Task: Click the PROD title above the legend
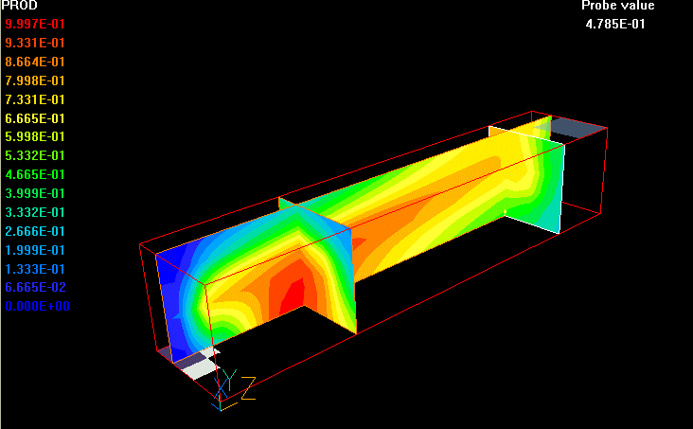pyautogui.click(x=20, y=6)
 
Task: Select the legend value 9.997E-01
pyautogui.click(x=35, y=24)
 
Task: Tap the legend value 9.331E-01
pyautogui.click(x=35, y=43)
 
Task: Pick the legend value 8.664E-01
pyautogui.click(x=35, y=62)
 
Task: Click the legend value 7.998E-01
pyautogui.click(x=35, y=80)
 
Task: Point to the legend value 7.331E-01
pyautogui.click(x=35, y=100)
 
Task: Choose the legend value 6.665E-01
pyautogui.click(x=35, y=118)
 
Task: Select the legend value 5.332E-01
pyautogui.click(x=35, y=155)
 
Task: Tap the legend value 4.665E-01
pyautogui.click(x=35, y=174)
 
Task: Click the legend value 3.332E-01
pyautogui.click(x=35, y=212)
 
